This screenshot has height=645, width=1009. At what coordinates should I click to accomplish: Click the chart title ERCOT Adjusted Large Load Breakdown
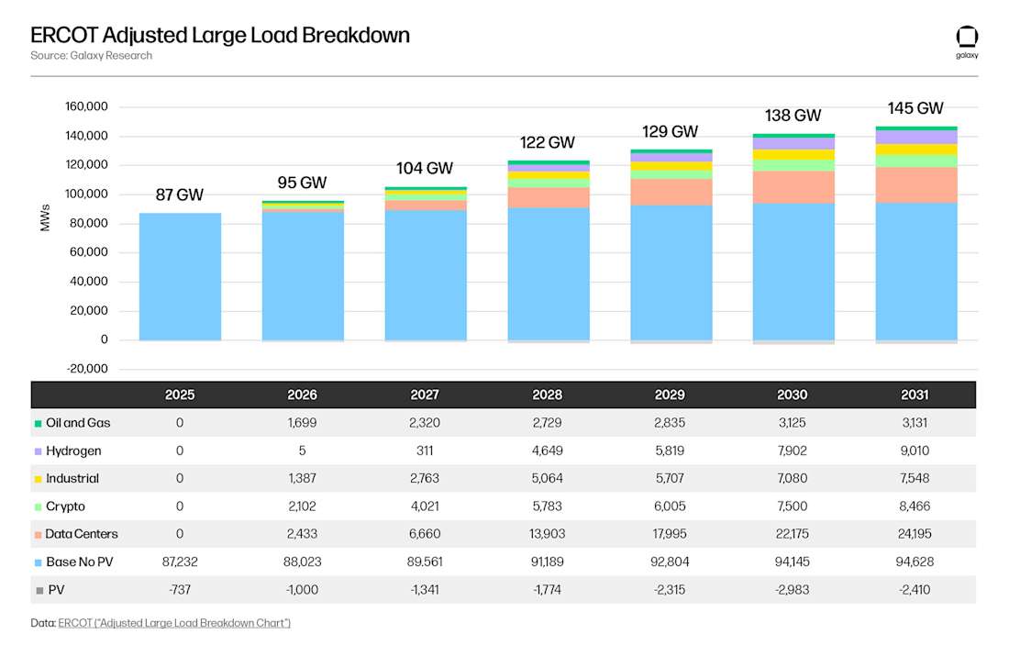point(220,35)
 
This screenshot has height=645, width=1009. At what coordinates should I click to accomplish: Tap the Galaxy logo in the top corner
point(967,39)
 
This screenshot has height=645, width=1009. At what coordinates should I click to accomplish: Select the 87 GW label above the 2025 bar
point(180,195)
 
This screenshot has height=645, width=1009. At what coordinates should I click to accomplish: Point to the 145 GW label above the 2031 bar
point(915,108)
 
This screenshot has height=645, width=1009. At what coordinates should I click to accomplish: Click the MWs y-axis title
point(45,217)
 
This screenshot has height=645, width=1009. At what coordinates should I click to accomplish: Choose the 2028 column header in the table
point(547,395)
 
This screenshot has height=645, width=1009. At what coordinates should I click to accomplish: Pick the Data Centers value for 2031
point(915,534)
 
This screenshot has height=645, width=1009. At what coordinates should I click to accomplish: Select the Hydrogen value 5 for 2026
point(302,451)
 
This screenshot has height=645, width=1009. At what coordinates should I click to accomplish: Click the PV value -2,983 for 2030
point(792,589)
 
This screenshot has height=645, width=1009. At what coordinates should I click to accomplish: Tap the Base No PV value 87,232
point(180,562)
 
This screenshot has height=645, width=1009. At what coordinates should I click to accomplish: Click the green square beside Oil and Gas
point(38,424)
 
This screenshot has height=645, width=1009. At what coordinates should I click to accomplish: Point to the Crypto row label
point(65,506)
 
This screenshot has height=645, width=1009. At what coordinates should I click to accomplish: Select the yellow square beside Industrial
point(38,479)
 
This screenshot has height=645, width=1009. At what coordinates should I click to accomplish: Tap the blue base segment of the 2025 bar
point(180,275)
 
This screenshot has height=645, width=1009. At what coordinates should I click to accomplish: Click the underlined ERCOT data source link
point(174,623)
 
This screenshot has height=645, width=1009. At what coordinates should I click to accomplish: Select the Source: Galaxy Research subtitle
point(91,55)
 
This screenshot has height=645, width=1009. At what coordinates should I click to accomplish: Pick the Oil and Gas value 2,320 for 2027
point(425,423)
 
